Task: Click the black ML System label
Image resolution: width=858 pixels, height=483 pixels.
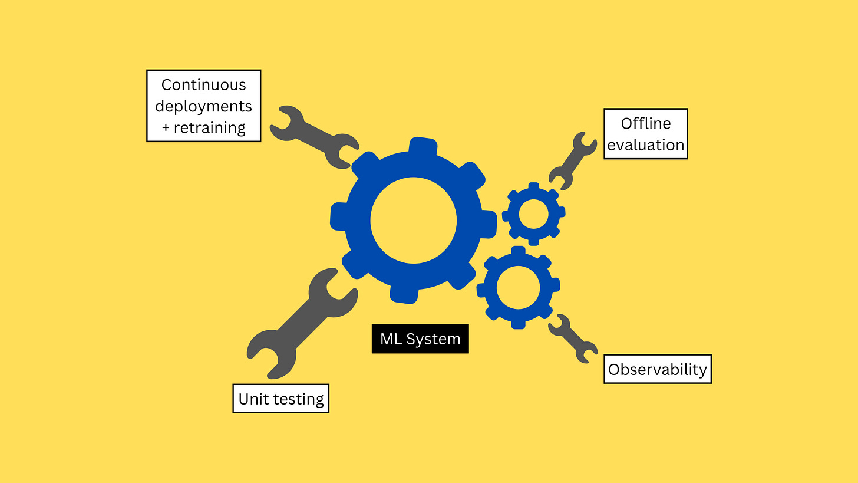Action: tap(420, 339)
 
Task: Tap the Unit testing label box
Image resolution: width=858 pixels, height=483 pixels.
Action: tap(280, 399)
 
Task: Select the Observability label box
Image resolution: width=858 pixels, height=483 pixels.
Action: tap(657, 369)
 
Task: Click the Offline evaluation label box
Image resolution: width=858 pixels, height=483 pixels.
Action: tap(645, 134)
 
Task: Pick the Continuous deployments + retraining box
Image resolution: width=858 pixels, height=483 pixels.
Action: tap(203, 106)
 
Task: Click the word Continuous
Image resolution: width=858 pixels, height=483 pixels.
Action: tap(203, 85)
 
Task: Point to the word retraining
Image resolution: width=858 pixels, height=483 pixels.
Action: tap(210, 127)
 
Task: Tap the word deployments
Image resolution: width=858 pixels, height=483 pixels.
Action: tap(203, 106)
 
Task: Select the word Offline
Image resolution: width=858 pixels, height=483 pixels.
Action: tap(646, 123)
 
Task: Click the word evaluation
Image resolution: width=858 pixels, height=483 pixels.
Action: tap(646, 145)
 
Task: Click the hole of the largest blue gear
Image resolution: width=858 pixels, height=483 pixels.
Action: tap(414, 220)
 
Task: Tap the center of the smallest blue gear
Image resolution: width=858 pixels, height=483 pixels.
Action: tap(533, 213)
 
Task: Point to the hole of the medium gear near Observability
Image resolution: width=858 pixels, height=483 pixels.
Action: tap(514, 287)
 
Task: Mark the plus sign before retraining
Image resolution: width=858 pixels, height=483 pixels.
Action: tap(166, 127)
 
